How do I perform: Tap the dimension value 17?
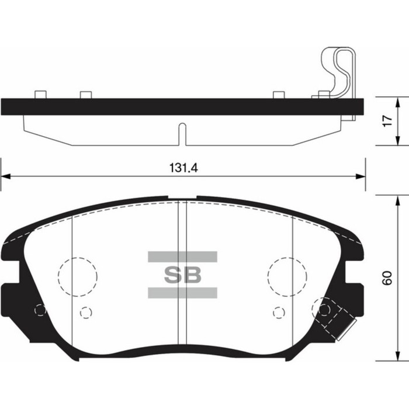point(386,122)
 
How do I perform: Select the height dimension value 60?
point(386,279)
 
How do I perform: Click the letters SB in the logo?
point(182,275)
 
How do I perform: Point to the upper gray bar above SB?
point(182,257)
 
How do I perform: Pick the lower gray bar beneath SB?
point(182,293)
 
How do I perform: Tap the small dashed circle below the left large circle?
point(86,313)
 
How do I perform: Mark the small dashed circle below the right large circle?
point(279,313)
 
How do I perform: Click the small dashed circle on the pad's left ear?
point(40,310)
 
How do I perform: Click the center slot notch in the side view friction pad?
point(182,133)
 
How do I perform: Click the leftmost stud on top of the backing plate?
point(40,95)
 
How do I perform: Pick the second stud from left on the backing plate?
point(86,95)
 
